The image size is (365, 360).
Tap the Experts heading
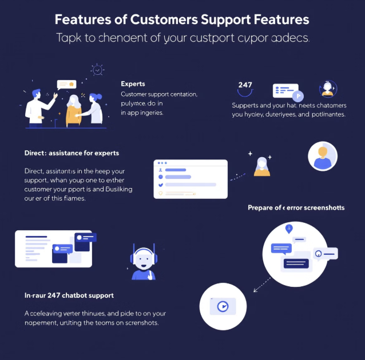(133, 84)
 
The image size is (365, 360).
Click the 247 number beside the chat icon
(245, 85)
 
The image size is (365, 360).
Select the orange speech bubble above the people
(66, 84)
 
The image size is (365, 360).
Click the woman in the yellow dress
(74, 109)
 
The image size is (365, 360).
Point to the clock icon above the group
(98, 70)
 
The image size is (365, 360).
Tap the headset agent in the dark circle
(328, 89)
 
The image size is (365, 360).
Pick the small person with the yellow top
(261, 166)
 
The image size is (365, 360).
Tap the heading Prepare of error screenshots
(296, 207)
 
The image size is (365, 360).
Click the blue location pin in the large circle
(289, 229)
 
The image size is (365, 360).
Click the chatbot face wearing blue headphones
(143, 263)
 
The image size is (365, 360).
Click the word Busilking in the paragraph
(121, 189)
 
